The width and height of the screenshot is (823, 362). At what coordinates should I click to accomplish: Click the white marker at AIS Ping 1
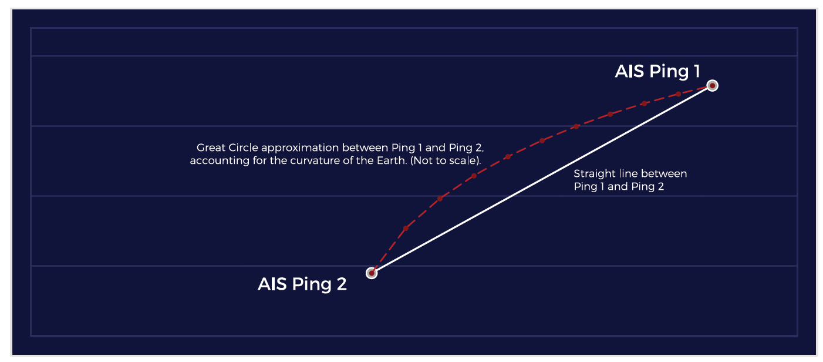point(712,86)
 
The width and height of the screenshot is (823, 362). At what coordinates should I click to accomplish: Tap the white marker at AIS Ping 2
point(372,273)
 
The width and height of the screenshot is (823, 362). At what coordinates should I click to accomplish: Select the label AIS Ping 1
point(657,72)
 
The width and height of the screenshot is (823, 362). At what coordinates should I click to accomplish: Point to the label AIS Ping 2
point(302,284)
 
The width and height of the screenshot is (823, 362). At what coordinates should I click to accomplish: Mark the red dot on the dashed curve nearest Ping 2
point(406,228)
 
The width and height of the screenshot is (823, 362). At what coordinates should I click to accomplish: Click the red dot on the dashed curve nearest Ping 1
point(678,94)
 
